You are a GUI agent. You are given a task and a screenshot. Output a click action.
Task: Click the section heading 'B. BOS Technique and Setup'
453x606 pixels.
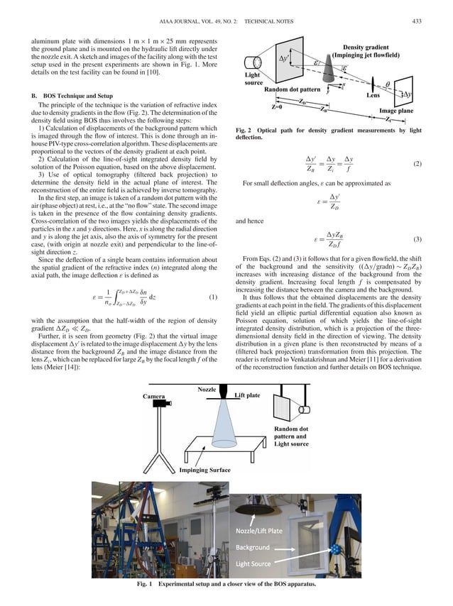pos(72,94)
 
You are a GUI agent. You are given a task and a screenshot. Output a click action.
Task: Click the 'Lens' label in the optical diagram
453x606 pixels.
pos(372,94)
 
